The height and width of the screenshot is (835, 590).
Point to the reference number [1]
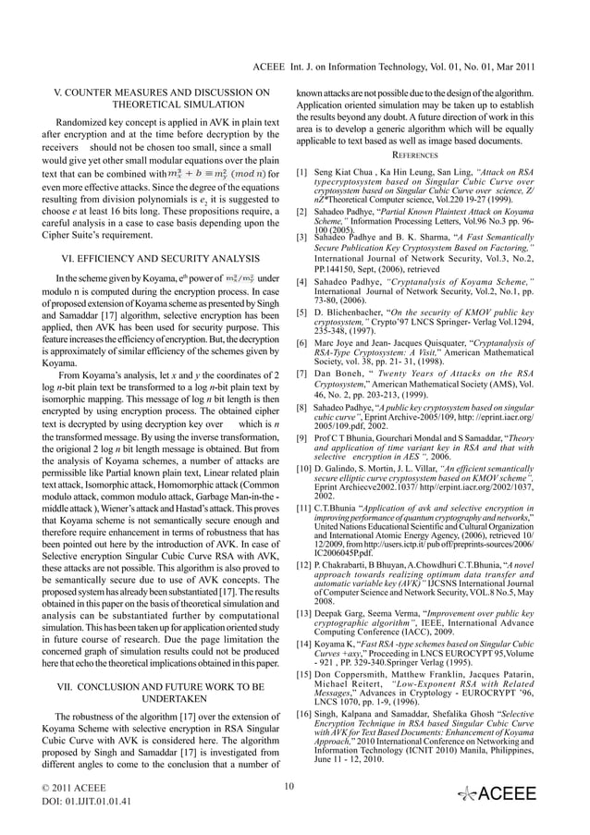click(302, 172)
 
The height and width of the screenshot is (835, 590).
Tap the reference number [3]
click(302, 239)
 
